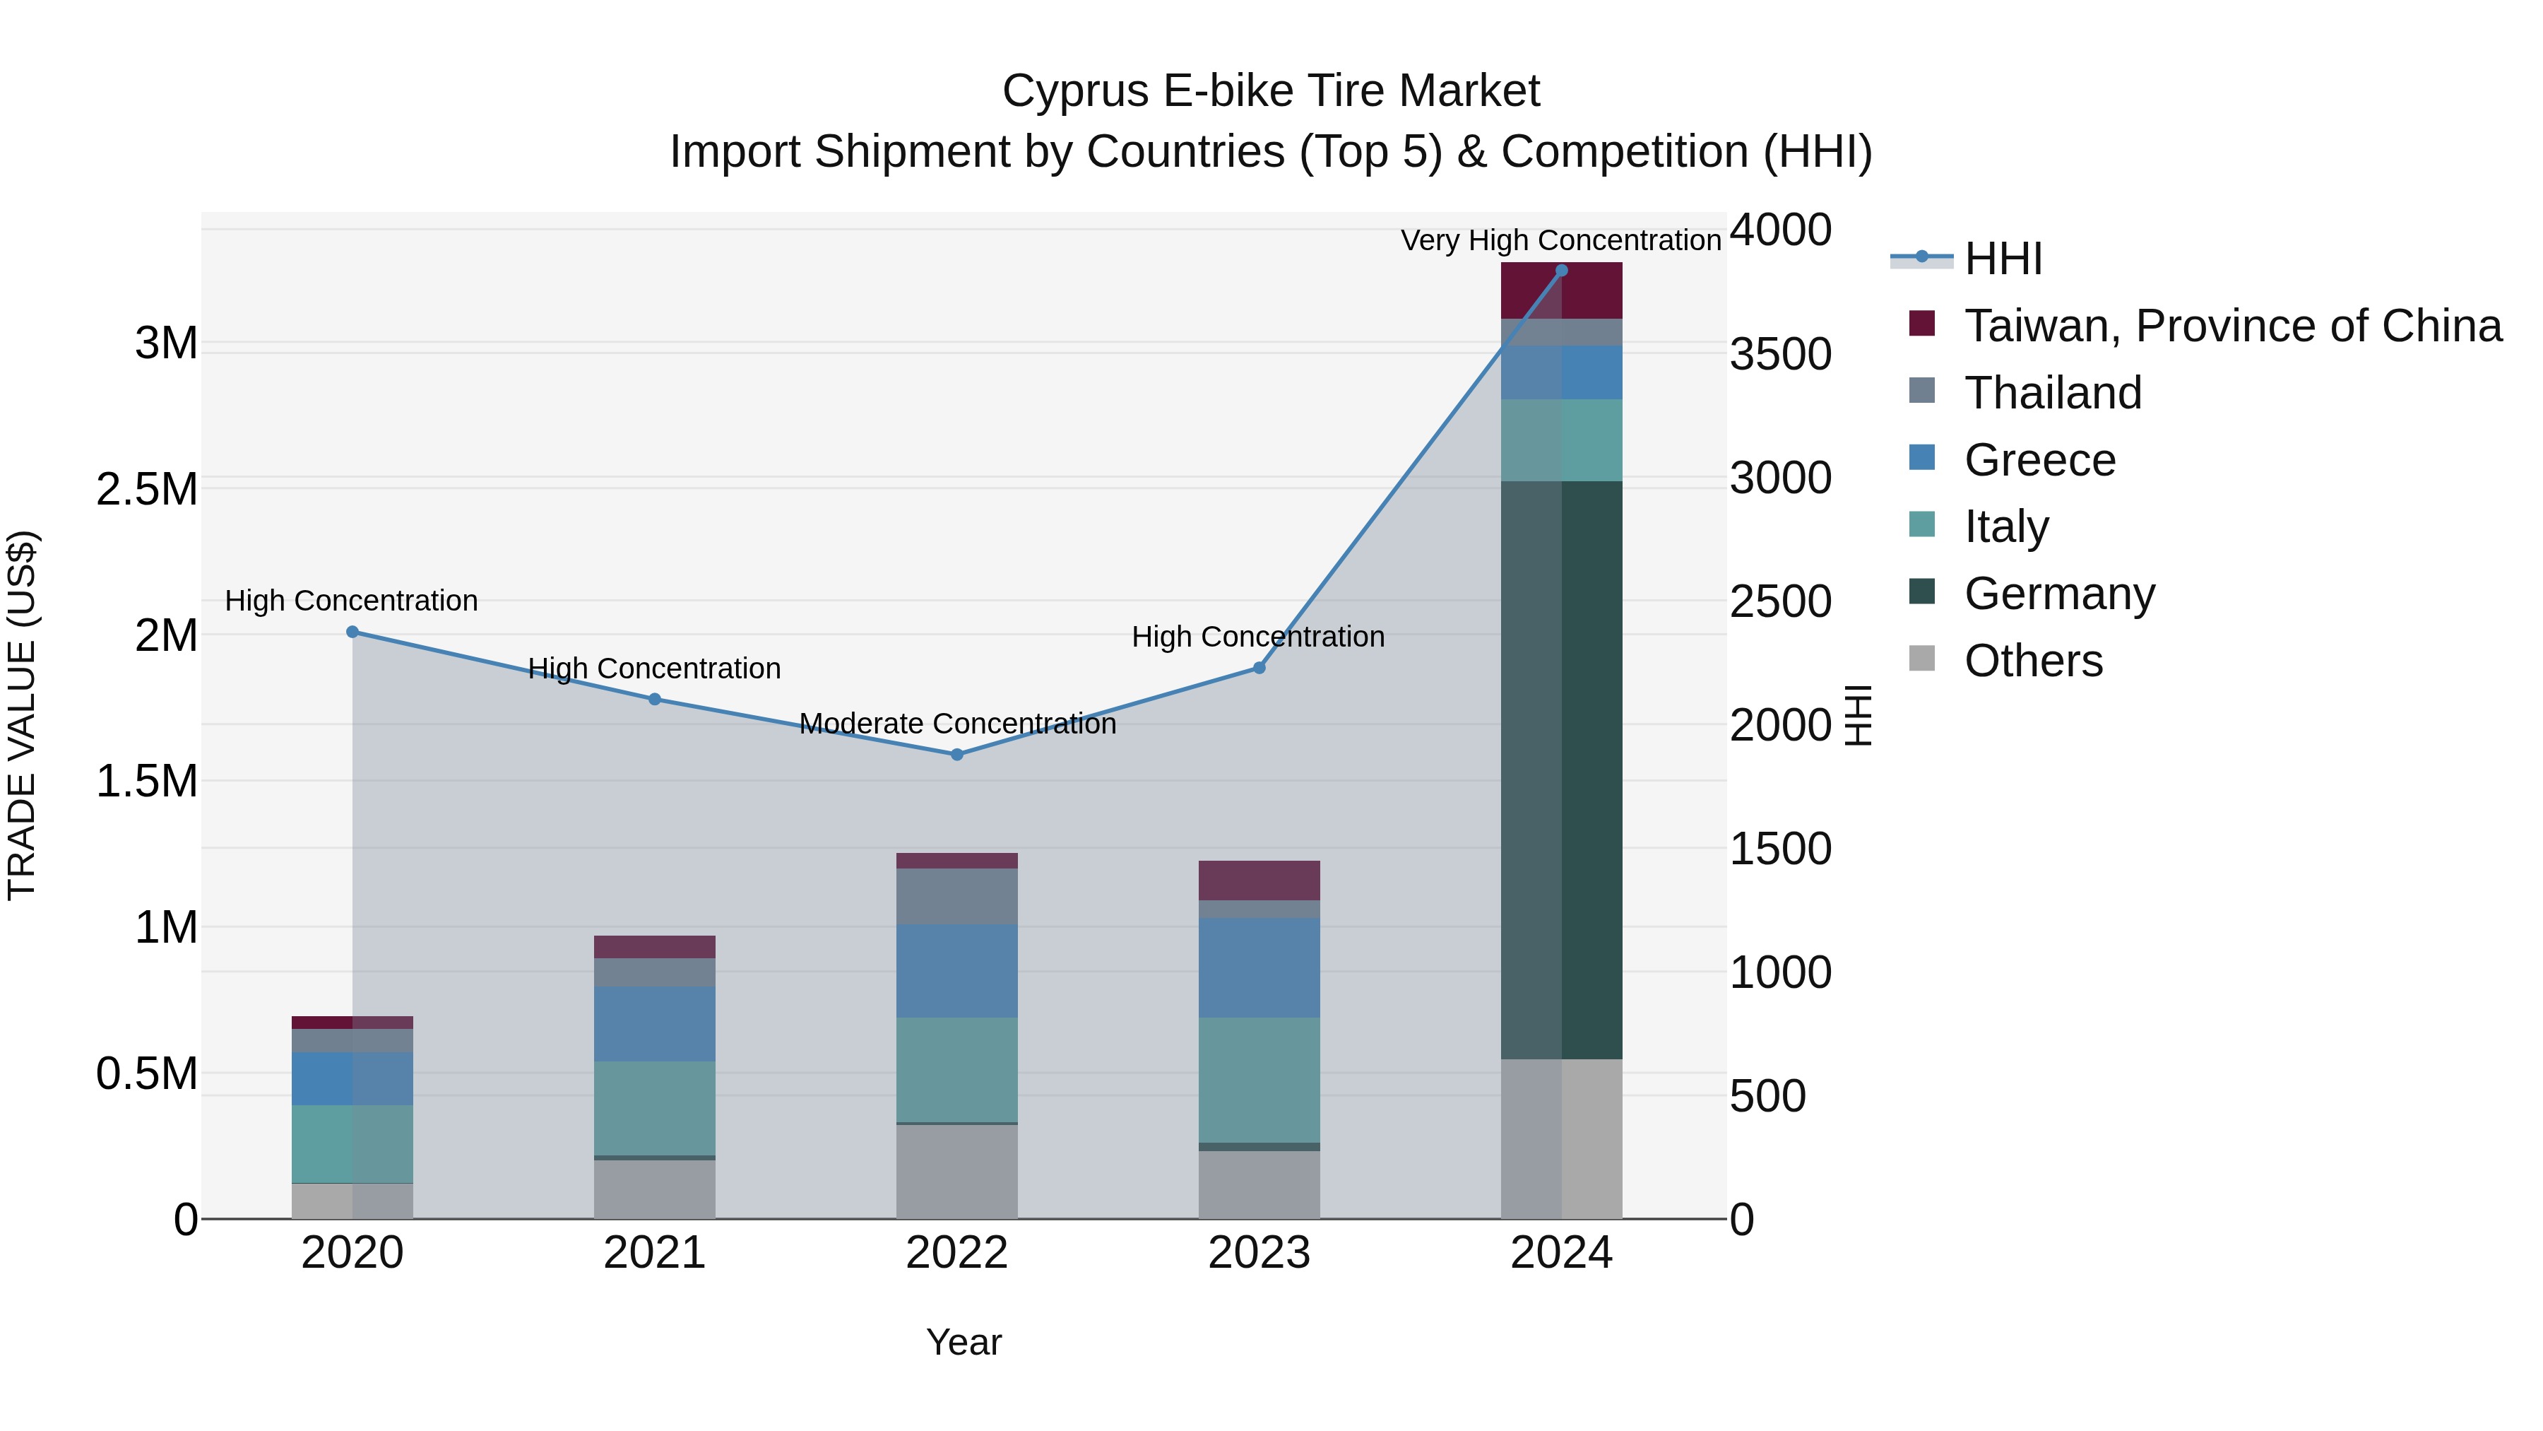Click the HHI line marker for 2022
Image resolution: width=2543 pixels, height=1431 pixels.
tap(956, 755)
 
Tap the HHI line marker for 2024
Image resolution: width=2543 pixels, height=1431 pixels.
tap(1562, 271)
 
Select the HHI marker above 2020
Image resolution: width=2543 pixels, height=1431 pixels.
tap(352, 632)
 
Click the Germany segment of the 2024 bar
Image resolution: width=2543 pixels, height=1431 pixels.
tap(1562, 770)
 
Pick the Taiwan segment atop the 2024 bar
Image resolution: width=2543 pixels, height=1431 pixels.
tap(1562, 291)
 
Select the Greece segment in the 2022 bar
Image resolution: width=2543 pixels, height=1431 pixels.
tap(956, 971)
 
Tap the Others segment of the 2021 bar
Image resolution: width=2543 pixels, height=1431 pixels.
tap(655, 1189)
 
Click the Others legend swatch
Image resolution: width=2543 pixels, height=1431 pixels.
tap(1922, 659)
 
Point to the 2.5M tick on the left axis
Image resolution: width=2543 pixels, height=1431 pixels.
tap(147, 490)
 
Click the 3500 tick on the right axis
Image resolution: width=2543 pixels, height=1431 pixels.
tap(1780, 355)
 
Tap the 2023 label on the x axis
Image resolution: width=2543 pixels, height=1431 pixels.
tap(1259, 1253)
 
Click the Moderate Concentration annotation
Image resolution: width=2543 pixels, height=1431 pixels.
tap(956, 724)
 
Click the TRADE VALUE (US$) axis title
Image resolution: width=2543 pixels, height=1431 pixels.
tap(22, 715)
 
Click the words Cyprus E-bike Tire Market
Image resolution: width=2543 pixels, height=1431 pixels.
tap(1271, 91)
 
